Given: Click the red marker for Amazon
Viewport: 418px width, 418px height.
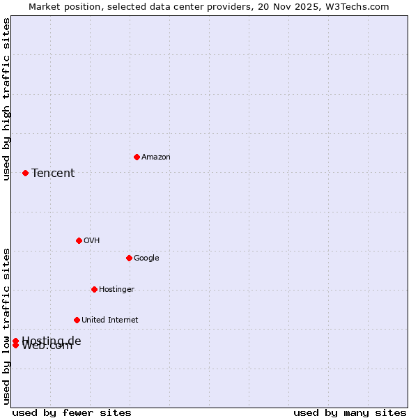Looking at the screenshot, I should (x=137, y=157).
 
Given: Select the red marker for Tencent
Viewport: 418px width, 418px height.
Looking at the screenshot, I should (x=25, y=173).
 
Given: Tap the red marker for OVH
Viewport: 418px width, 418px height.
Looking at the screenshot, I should (x=79, y=240).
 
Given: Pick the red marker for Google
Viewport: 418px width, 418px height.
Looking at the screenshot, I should (x=129, y=258).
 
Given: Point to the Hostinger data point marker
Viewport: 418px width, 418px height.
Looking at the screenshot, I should (x=94, y=289).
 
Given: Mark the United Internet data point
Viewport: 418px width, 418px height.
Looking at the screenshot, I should (x=77, y=320).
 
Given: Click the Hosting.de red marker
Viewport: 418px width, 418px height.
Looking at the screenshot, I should (x=15, y=341).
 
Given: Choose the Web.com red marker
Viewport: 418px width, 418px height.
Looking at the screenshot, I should (x=15, y=346).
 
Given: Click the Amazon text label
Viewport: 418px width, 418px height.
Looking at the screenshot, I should (x=155, y=157).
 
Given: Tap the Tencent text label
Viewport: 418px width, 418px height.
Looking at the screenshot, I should (x=53, y=173).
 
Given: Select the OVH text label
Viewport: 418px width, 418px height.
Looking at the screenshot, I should (x=91, y=241).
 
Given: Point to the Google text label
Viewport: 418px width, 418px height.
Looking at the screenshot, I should (x=146, y=258).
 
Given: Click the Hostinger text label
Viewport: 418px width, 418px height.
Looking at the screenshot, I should (x=116, y=290).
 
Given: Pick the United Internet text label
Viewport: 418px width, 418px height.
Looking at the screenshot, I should (x=109, y=320).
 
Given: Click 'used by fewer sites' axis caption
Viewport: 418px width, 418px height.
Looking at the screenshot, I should (x=72, y=412).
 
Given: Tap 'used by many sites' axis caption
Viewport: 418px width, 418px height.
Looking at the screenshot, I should (x=350, y=412).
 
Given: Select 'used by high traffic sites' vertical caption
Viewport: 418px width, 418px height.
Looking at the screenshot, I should (x=7, y=99).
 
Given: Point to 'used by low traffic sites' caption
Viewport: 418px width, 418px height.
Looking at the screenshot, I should (x=7, y=325).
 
